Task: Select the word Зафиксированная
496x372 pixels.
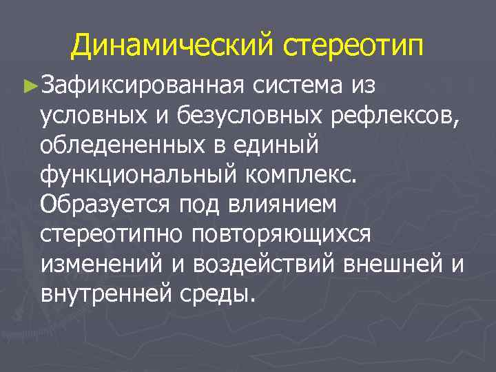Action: tap(143, 86)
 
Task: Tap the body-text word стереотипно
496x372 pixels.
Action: tap(111, 234)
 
